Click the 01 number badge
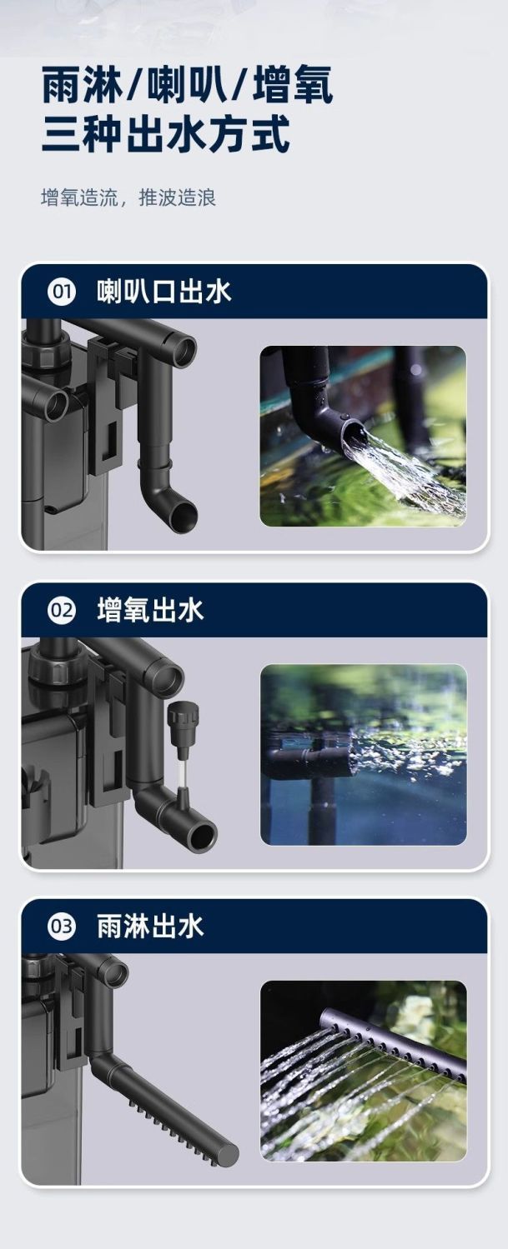pos(61,292)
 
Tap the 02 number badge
pos(61,611)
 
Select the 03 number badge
pos(61,927)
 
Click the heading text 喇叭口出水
pos(163,292)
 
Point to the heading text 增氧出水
pos(150,611)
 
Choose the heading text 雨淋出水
pos(150,927)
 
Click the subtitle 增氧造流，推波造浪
pos(128,198)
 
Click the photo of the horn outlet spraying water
pos(363,436)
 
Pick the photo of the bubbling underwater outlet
pos(363,755)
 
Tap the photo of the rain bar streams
pos(363,1071)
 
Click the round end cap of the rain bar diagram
pos(227,1155)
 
